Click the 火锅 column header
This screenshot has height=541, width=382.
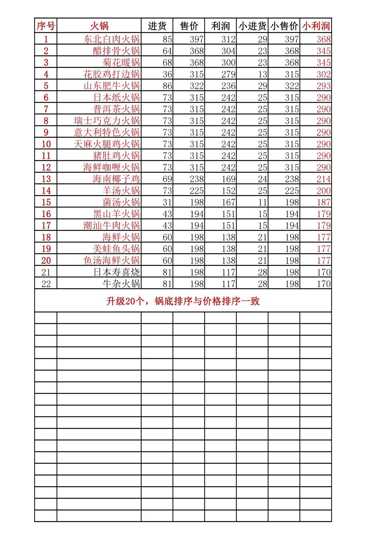tap(99, 26)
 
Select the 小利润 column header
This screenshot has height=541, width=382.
tap(316, 26)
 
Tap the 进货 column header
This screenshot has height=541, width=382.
tap(157, 26)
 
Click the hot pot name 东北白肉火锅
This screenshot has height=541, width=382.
tap(112, 39)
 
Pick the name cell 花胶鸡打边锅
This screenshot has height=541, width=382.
tap(112, 74)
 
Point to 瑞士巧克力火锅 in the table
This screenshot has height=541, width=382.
tap(107, 121)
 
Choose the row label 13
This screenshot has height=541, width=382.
tap(46, 179)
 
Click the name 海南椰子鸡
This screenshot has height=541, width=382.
tap(116, 179)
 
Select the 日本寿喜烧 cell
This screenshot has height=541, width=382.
tap(117, 272)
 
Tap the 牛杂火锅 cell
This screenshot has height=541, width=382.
tap(121, 284)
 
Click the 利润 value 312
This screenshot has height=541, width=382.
tap(228, 39)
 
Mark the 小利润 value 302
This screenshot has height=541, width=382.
tap(324, 74)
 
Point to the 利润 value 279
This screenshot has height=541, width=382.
tap(228, 74)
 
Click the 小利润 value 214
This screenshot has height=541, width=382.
tap(324, 179)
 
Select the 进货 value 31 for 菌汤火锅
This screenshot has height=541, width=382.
tap(167, 203)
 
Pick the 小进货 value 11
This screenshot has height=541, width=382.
tap(262, 203)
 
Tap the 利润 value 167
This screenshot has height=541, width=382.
tap(228, 203)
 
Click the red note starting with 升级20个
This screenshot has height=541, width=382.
tap(183, 301)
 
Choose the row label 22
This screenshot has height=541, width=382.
tap(46, 284)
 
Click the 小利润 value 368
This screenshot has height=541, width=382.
tap(324, 39)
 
